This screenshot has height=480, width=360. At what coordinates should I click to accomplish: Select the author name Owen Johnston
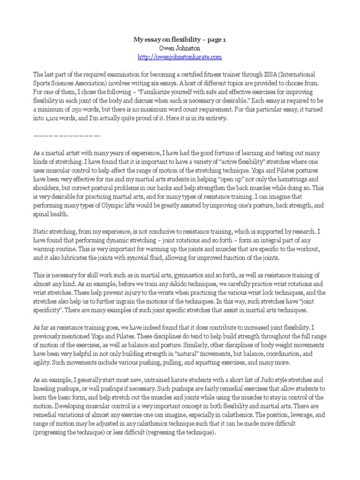point(180,49)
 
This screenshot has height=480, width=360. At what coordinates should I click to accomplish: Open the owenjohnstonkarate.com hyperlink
point(180,57)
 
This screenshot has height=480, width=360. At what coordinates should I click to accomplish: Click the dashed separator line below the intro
point(67,135)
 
